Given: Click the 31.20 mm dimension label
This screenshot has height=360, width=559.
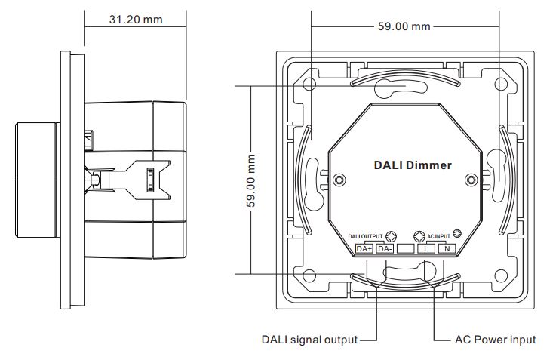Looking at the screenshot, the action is [x=136, y=20].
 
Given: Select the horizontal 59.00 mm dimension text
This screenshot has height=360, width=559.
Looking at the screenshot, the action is [x=404, y=26].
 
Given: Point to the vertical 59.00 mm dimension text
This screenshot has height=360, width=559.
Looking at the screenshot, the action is [x=251, y=180].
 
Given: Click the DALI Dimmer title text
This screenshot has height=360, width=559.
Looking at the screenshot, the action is [x=413, y=165].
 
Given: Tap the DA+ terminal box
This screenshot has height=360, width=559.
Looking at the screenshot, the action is [x=364, y=249].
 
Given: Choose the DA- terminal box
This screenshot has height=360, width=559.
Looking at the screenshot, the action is [x=385, y=249].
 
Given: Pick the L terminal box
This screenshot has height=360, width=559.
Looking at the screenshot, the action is [x=426, y=249].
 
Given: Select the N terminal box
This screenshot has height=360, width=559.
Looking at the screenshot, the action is [x=447, y=249].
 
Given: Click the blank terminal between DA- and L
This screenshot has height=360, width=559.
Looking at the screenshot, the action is [x=406, y=249].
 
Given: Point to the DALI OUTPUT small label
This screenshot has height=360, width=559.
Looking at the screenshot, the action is [x=365, y=236].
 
